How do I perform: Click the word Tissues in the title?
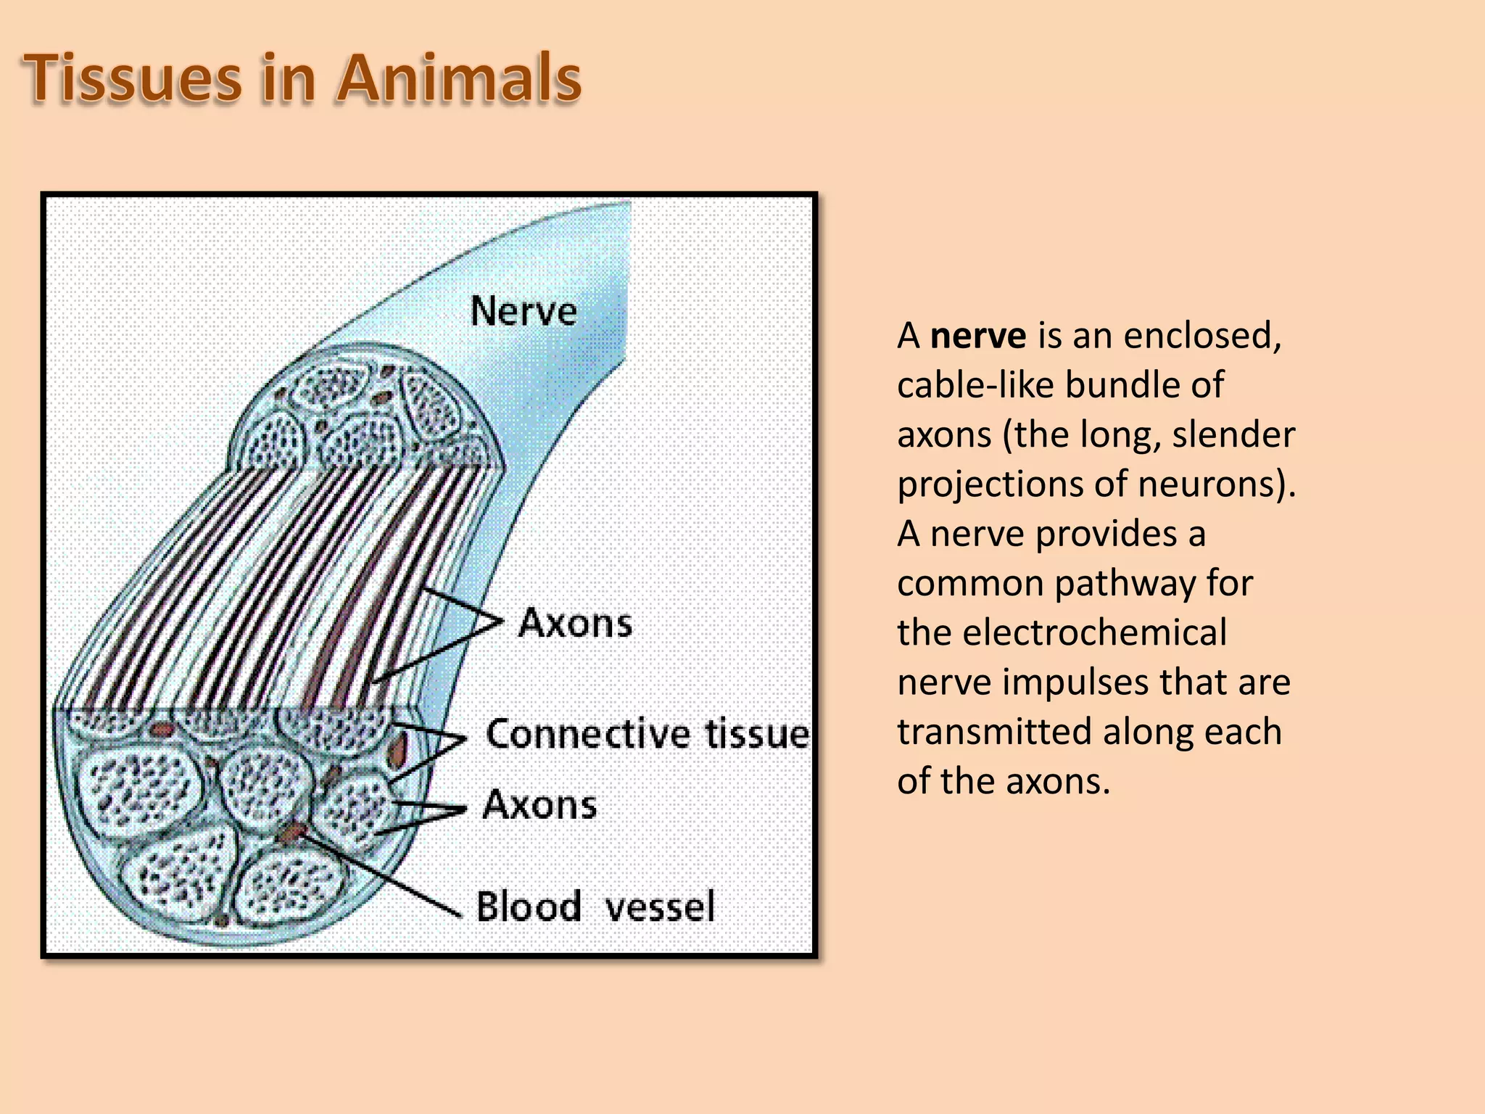click(133, 78)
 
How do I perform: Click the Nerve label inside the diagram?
click(524, 312)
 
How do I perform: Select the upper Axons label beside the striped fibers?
click(576, 624)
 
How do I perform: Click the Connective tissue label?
click(647, 734)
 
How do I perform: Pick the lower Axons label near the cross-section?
click(539, 805)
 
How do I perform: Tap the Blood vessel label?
click(595, 907)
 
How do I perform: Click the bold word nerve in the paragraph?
click(977, 336)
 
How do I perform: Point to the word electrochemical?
click(1094, 632)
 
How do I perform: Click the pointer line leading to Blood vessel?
click(384, 874)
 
